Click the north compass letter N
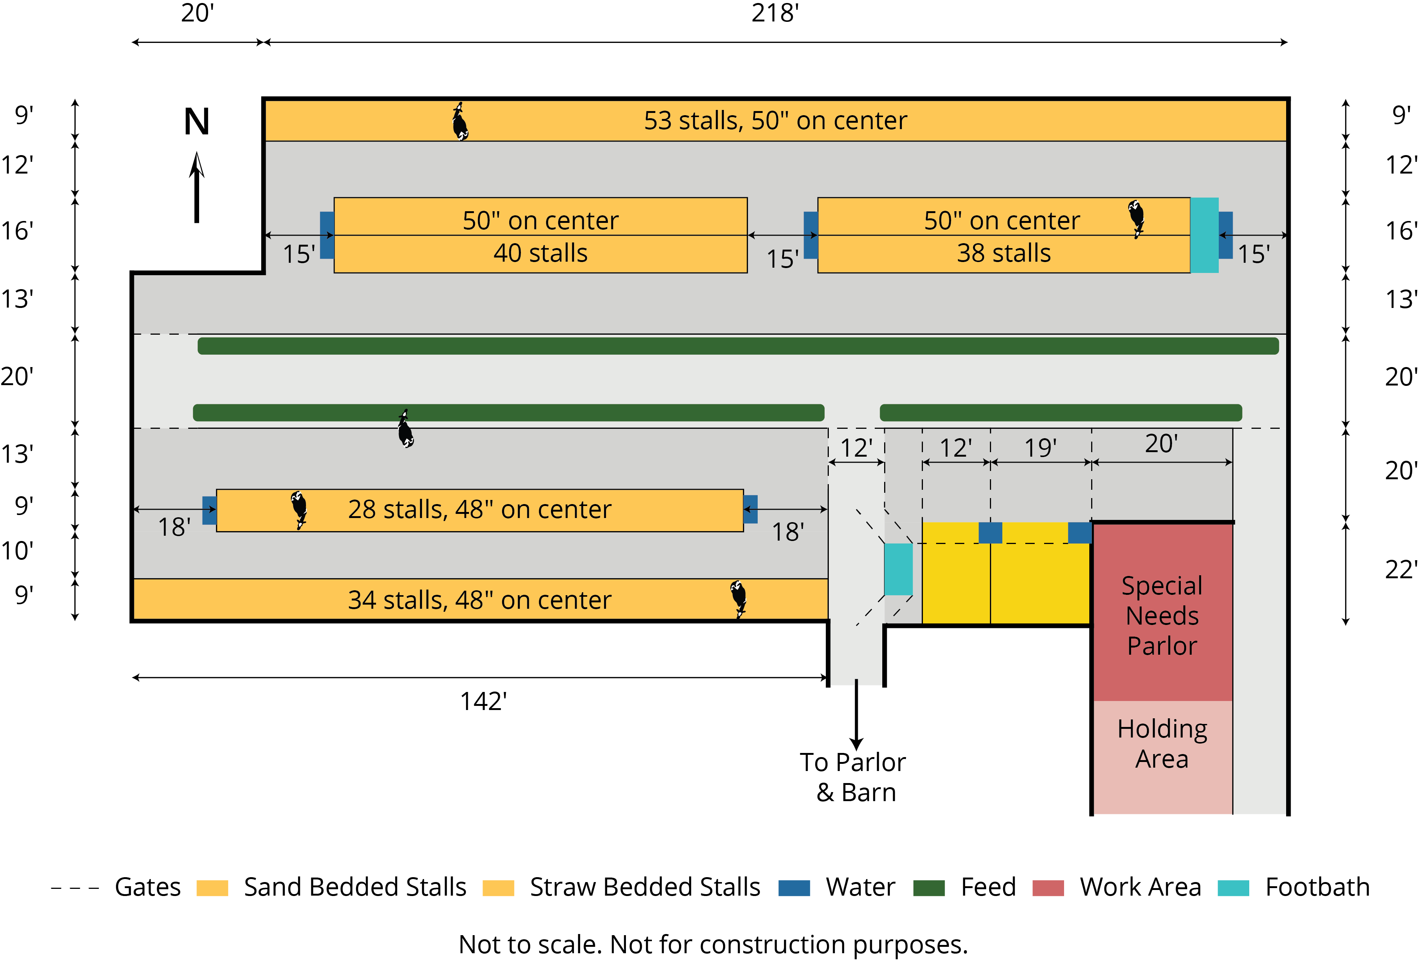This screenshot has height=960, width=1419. pyautogui.click(x=196, y=122)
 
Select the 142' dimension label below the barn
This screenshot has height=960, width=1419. pyautogui.click(x=483, y=701)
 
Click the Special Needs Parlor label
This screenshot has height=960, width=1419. pyautogui.click(x=1162, y=616)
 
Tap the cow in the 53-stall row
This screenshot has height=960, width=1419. pyautogui.click(x=460, y=122)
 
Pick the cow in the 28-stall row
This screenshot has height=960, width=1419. pyautogui.click(x=298, y=509)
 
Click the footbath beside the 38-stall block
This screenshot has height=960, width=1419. pyautogui.click(x=1204, y=235)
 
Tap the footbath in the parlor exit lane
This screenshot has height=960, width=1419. pyautogui.click(x=898, y=568)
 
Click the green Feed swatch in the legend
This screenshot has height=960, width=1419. pyautogui.click(x=929, y=887)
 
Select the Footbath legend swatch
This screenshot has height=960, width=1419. pyautogui.click(x=1233, y=887)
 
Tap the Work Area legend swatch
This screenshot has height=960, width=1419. pyautogui.click(x=1048, y=887)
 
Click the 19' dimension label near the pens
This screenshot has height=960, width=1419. pyautogui.click(x=1040, y=448)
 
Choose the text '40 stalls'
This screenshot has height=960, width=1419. pyautogui.click(x=540, y=253)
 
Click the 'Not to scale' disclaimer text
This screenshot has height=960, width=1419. pyautogui.click(x=713, y=944)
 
